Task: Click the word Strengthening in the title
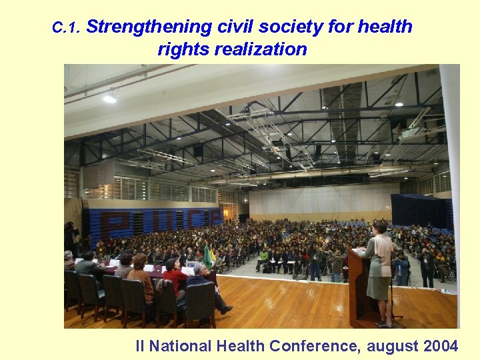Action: click(149, 27)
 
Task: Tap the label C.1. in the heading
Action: click(66, 28)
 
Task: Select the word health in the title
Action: click(385, 27)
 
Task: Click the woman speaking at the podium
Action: click(379, 267)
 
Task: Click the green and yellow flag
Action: click(209, 257)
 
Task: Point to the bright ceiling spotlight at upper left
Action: click(109, 98)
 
